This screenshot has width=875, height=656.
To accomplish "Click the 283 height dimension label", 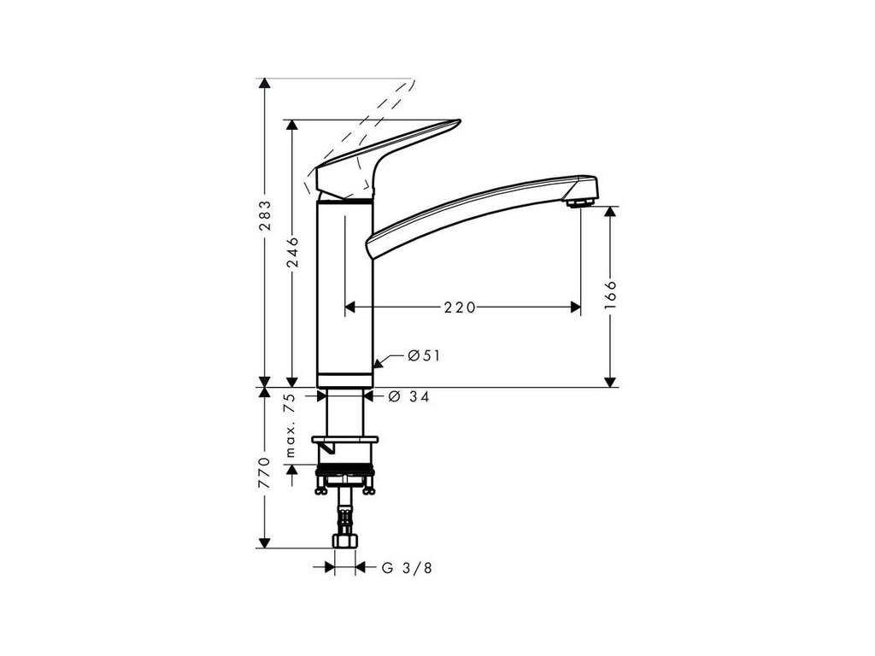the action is point(265,215).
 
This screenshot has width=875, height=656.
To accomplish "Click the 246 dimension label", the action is point(292,252).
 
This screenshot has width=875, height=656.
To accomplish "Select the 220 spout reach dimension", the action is point(460,307).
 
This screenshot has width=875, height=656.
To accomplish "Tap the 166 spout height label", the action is point(611,295).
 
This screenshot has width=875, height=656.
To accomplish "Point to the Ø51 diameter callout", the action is point(424,355).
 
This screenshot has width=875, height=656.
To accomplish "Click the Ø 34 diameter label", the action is point(409,396).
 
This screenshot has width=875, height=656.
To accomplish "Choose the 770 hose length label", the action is point(265,472).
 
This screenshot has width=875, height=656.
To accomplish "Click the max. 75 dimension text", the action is point(290,425).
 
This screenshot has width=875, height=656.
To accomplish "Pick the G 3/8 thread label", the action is point(407,568).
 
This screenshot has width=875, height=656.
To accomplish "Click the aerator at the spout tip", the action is point(580,202).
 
